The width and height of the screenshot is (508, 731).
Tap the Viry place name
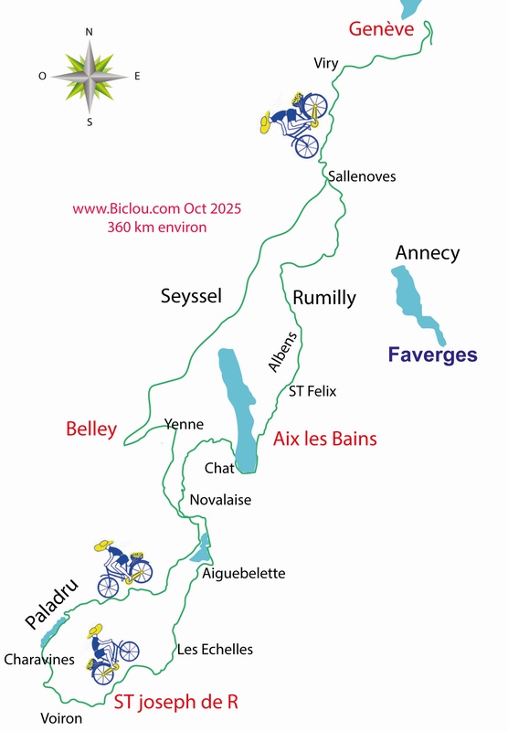(x=325, y=63)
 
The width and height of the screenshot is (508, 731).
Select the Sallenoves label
(x=362, y=176)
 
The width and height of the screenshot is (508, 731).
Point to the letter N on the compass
(x=89, y=32)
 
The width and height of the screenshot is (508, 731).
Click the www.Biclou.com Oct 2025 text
(x=156, y=208)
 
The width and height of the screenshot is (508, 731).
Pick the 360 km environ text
(x=156, y=227)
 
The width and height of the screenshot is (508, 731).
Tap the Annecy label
(x=427, y=253)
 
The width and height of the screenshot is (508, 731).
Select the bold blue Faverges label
(x=432, y=355)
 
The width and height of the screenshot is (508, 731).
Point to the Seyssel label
(x=191, y=296)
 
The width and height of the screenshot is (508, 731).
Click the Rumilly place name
(x=324, y=298)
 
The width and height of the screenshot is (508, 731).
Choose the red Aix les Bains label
(x=324, y=440)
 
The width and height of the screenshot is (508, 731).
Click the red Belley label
(x=91, y=429)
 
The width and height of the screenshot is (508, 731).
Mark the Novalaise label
(x=220, y=500)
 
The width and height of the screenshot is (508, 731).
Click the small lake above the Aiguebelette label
(x=202, y=549)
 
